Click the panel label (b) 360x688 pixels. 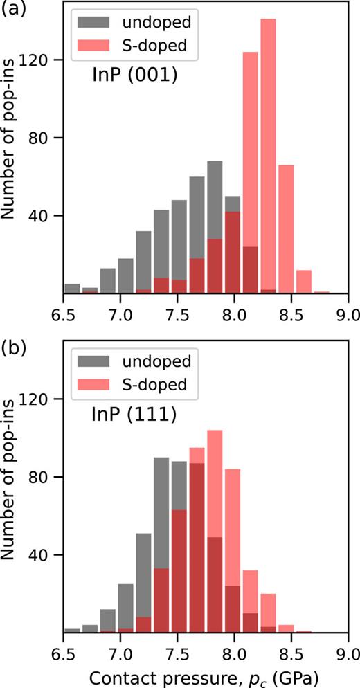click(15, 346)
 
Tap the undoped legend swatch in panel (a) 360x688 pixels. click(97, 24)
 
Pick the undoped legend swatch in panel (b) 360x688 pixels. click(97, 361)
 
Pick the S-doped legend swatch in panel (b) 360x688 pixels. click(97, 383)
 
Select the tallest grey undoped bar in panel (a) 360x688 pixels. click(215, 228)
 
